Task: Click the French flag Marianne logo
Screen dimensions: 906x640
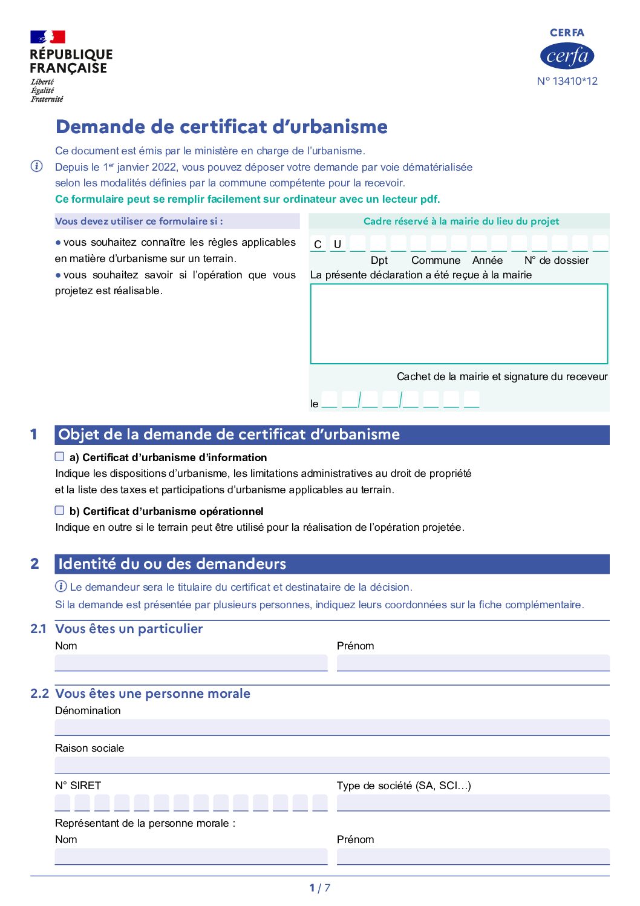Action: coord(48,37)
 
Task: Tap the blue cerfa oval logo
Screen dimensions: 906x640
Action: coord(567,56)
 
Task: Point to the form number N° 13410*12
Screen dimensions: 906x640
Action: coord(567,81)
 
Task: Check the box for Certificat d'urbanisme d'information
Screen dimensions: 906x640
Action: coord(60,457)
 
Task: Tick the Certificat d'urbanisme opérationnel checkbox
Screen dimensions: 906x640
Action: coord(60,511)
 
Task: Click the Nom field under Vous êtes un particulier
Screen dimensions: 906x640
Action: coord(191,663)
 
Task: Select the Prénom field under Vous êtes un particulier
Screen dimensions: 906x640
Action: coord(472,663)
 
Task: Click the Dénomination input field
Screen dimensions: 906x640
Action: coord(331,727)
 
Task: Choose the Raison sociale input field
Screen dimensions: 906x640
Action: coord(331,765)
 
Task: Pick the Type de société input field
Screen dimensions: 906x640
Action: coord(472,803)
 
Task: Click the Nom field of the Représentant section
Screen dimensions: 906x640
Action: coord(191,856)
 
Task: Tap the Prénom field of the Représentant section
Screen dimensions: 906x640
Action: coord(472,856)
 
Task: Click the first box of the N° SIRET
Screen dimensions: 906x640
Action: coord(62,803)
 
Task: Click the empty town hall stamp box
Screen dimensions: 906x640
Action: coord(459,324)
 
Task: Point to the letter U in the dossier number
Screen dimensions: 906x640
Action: coord(338,245)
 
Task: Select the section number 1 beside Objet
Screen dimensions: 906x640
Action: coord(34,435)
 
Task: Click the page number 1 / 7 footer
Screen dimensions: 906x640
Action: coord(319,888)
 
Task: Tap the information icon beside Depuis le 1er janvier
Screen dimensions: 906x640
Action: coord(37,166)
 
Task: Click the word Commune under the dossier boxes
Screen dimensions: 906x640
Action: coord(436,260)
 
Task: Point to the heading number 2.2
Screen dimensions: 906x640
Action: coord(39,694)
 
